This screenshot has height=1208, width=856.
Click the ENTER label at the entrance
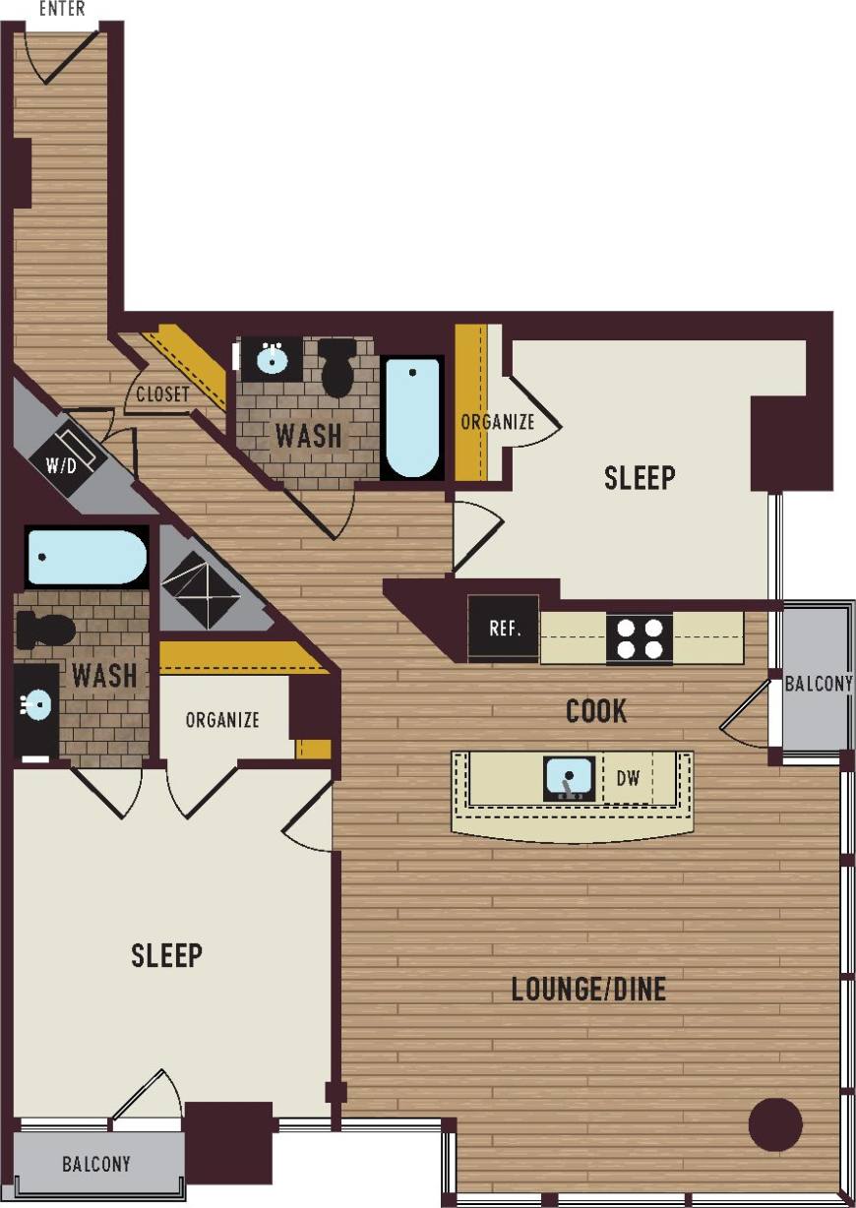tap(61, 9)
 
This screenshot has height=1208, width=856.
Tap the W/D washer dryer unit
tap(66, 455)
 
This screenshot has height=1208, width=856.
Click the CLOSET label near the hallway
tap(162, 395)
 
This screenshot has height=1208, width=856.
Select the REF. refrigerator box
tap(504, 629)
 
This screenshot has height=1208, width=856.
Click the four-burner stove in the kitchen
tap(639, 637)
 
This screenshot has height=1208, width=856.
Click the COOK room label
tap(596, 711)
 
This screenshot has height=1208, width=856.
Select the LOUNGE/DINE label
tap(588, 989)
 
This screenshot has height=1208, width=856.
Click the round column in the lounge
tap(775, 1123)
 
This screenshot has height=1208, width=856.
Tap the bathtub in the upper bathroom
tap(411, 417)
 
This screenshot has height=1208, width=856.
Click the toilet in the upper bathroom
tap(339, 366)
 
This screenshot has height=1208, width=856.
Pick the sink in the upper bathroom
tap(273, 359)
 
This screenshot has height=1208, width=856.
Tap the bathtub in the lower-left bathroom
tap(86, 557)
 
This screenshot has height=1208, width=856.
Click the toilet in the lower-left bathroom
tap(45, 629)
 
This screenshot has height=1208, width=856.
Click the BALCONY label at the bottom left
tap(95, 1165)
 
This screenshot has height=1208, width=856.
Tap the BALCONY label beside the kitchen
tap(819, 683)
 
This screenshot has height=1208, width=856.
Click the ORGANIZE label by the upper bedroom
tap(498, 422)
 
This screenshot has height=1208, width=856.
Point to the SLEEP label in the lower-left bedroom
tap(167, 954)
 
